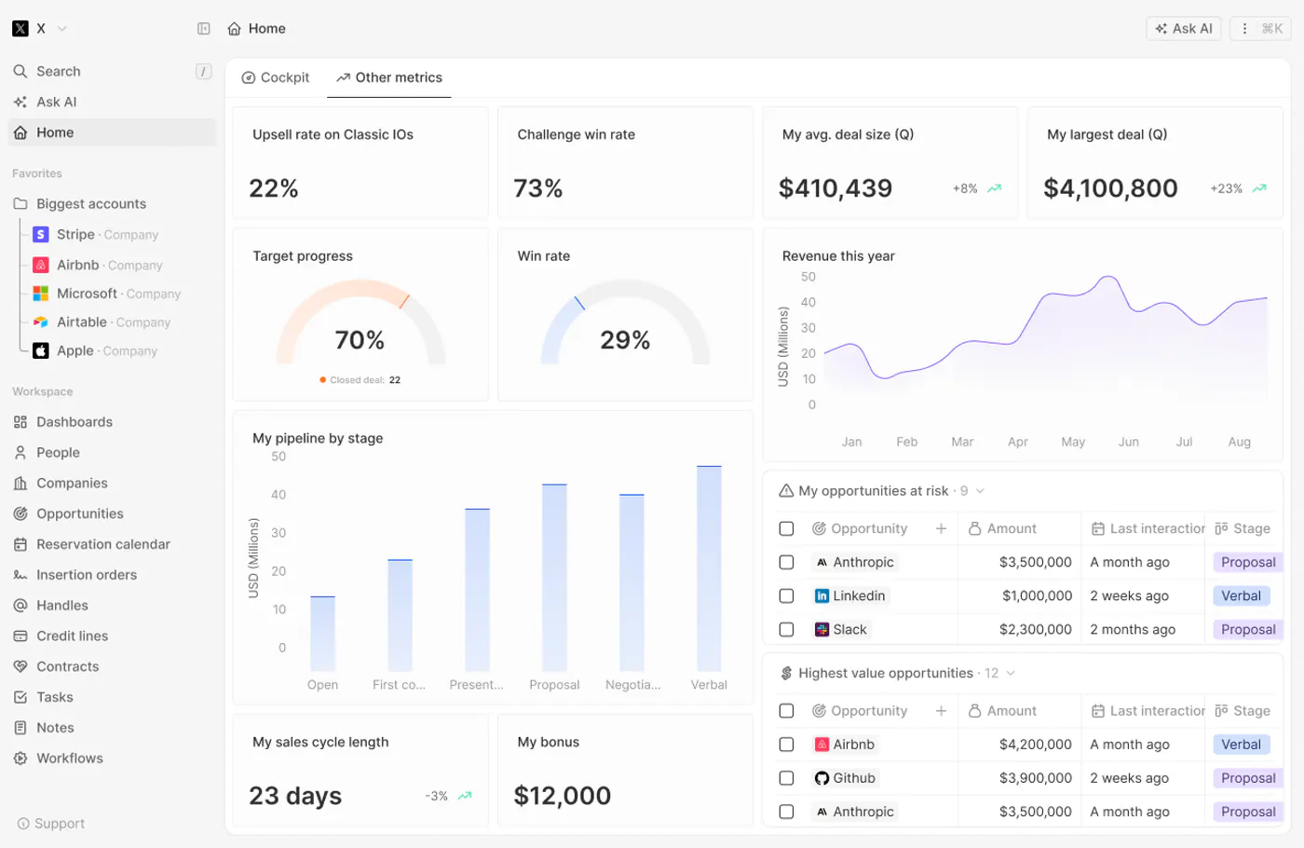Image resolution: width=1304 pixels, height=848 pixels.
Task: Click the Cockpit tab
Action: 276,77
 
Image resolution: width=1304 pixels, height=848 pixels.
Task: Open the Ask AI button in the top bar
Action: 1184,29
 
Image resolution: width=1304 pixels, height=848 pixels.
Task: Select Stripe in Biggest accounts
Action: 75,234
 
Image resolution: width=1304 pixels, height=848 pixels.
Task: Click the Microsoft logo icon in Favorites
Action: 40,294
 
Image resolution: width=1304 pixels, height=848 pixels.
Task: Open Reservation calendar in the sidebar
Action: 103,544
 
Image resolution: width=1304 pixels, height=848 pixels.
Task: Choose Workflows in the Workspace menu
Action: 69,758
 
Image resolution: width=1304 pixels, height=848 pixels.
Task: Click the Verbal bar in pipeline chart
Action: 709,568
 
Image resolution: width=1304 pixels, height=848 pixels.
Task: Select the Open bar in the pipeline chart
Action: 322,634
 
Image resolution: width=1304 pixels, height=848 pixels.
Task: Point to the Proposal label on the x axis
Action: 554,684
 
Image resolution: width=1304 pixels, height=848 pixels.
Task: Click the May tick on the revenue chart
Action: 1073,442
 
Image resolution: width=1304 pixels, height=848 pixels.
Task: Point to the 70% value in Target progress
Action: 360,339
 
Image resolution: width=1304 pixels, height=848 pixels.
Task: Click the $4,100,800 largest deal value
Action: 1110,188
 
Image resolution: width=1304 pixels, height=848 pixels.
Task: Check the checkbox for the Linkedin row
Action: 786,595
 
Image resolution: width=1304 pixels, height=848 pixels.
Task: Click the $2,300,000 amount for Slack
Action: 1035,629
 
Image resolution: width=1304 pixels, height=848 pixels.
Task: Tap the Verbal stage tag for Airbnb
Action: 1241,745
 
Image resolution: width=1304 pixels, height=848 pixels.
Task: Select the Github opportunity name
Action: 854,778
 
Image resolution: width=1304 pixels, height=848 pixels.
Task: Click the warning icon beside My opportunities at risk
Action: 786,491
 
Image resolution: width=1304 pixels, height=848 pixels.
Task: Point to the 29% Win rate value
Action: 625,339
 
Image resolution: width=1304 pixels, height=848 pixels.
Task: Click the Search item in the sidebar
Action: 58,71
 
